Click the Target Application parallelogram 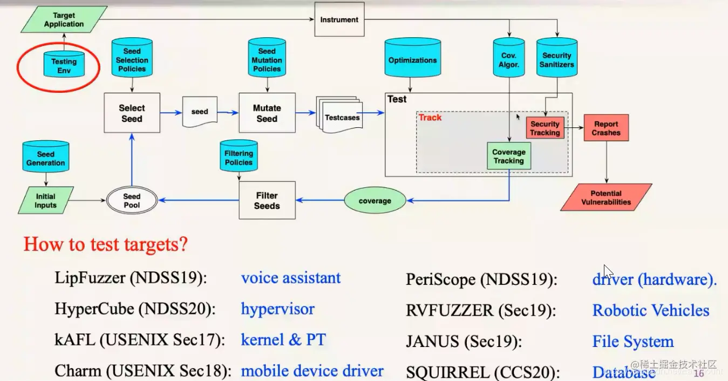pos(64,20)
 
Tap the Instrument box pos(339,20)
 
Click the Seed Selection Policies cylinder pos(132,59)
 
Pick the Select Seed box pos(132,113)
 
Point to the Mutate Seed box pos(267,113)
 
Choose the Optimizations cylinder pos(412,59)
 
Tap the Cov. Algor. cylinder pos(509,59)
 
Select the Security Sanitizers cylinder pos(557,59)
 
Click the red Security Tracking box pos(545,128)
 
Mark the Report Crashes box pos(606,128)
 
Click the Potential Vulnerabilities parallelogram pos(606,198)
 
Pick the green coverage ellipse pos(375,201)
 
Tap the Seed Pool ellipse pos(132,201)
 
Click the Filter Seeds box pos(267,201)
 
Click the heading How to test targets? pos(106,244)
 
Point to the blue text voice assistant pos(291,278)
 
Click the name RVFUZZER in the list pos(450,311)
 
